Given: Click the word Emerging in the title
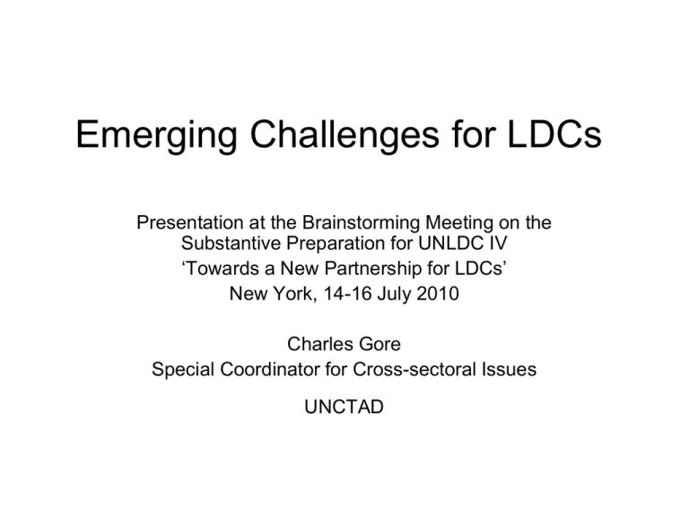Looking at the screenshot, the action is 157,134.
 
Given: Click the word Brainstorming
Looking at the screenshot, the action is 362,223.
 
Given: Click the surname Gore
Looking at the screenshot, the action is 380,344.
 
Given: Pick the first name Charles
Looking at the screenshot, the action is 321,344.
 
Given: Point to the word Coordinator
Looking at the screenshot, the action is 270,369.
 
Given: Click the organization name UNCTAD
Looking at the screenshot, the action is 344,408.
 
